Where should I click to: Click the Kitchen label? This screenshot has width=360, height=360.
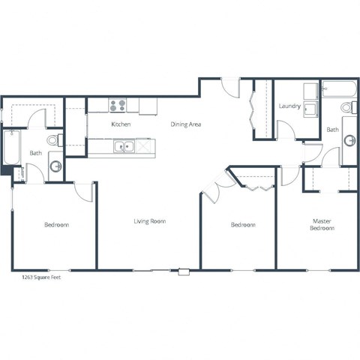(121, 124)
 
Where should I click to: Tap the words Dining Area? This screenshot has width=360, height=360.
(185, 124)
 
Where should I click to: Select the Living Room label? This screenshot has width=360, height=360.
(149, 221)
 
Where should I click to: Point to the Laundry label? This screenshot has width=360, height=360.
(289, 106)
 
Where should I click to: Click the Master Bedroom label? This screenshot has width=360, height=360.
(322, 224)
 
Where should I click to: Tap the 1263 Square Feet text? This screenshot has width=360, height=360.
(42, 277)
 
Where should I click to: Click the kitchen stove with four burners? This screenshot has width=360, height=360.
(118, 106)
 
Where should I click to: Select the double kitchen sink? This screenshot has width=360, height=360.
(124, 146)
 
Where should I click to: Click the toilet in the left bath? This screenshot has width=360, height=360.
(53, 139)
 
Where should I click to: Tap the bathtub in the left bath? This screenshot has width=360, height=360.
(11, 149)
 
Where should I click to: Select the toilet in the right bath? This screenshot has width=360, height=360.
(347, 109)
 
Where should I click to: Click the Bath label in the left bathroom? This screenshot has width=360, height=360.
(35, 153)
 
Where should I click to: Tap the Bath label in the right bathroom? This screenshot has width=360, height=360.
(332, 130)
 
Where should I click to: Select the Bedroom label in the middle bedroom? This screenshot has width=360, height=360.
(242, 224)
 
